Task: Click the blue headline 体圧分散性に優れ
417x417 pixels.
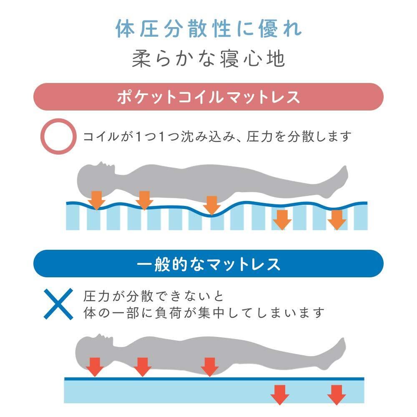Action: click(208, 29)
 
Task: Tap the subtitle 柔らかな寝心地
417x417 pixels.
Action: click(208, 59)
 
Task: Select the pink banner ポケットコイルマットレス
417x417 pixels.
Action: click(208, 97)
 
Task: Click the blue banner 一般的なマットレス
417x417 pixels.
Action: click(208, 264)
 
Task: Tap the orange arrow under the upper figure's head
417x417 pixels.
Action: click(97, 200)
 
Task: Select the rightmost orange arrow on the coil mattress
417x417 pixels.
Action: click(337, 219)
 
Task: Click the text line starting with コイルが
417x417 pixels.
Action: click(217, 136)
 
